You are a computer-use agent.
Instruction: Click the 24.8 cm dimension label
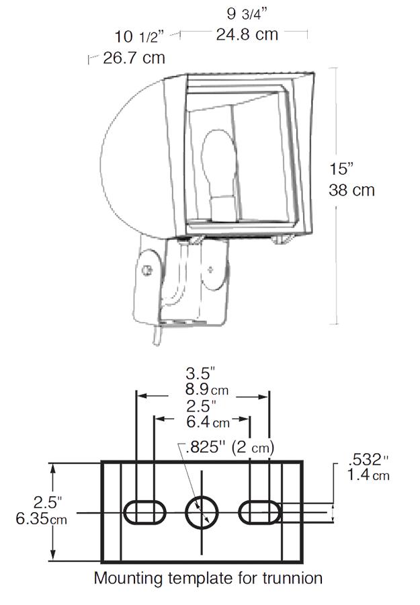[247, 35]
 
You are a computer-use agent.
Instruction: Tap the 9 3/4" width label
[247, 14]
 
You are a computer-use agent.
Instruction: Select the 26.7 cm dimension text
[134, 58]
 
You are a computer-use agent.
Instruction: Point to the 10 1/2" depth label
[139, 37]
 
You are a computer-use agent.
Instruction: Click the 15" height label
[341, 169]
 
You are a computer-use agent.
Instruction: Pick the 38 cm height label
[351, 190]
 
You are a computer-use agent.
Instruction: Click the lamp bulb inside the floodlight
[218, 176]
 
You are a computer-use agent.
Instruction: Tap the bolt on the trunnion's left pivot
[146, 270]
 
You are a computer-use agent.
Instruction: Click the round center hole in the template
[202, 513]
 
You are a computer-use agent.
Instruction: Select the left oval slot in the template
[144, 513]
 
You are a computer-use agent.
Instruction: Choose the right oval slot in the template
[259, 513]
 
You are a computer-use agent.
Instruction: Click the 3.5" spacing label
[200, 373]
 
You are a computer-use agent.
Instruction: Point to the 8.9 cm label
[207, 389]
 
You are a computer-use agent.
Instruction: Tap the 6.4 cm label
[208, 421]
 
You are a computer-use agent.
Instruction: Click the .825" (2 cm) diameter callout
[230, 448]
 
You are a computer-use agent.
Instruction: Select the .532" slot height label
[368, 460]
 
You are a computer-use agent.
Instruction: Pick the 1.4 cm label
[368, 475]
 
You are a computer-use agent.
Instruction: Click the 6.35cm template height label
[41, 518]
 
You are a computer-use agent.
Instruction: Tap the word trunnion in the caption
[293, 578]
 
